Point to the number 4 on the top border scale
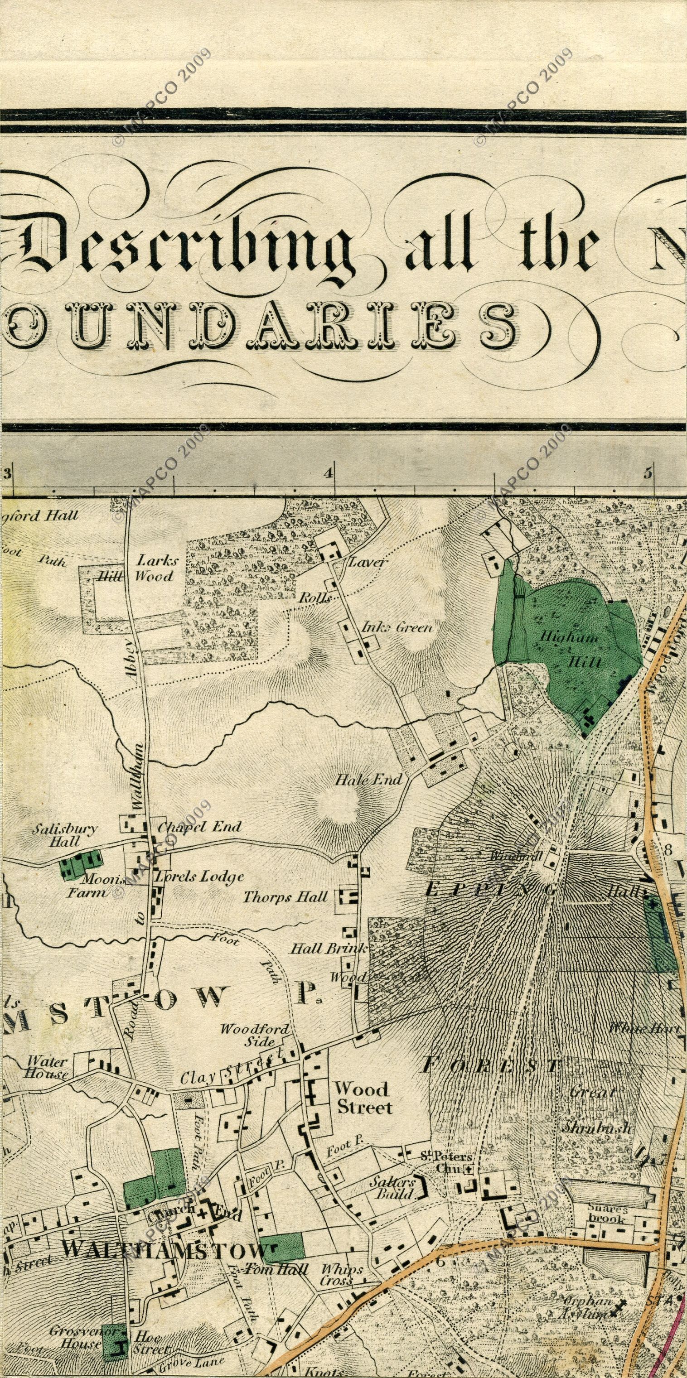(x=328, y=472)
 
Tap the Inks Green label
(x=397, y=627)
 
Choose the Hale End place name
(x=368, y=780)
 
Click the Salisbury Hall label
(x=65, y=835)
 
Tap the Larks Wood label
(x=155, y=568)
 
